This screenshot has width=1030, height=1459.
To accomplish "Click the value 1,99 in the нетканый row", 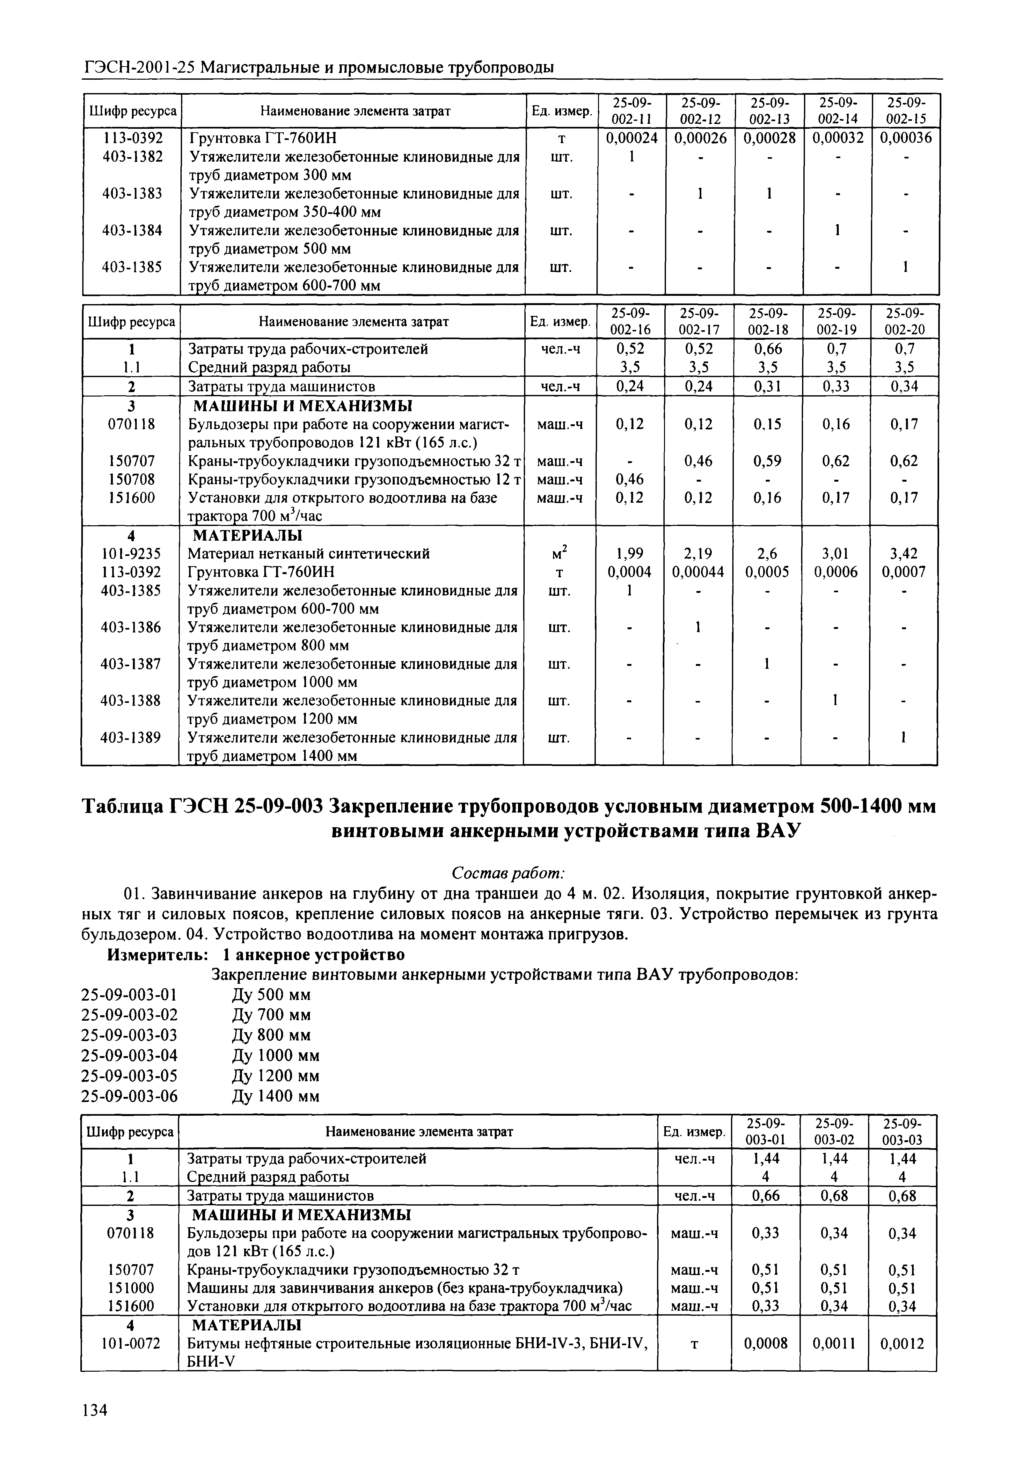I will click(630, 553).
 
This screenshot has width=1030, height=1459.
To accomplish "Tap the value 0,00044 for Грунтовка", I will click(698, 572).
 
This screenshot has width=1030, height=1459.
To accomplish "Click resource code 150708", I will click(130, 479).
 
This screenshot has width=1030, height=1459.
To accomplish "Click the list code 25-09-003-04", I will click(130, 1055).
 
